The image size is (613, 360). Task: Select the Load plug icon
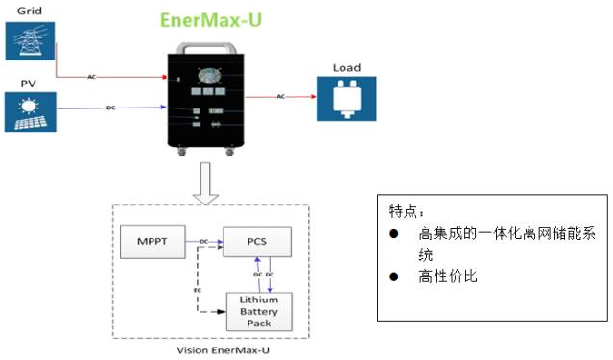pos(344,98)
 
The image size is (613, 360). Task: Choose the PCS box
pos(257,242)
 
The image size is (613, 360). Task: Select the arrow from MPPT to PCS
pos(205,242)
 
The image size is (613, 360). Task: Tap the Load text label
pos(345,68)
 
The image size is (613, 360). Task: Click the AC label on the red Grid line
pos(92,76)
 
